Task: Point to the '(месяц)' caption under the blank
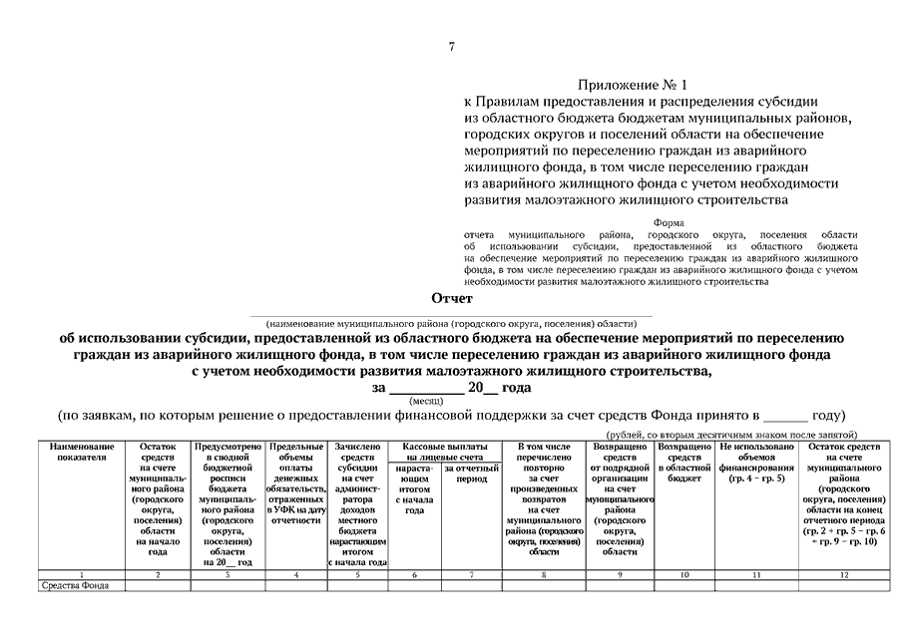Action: point(426,401)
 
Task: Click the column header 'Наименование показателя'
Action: point(80,453)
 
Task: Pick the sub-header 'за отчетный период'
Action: point(472,472)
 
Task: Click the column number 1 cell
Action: point(80,574)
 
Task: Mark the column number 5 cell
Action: point(357,574)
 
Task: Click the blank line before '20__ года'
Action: point(424,389)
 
